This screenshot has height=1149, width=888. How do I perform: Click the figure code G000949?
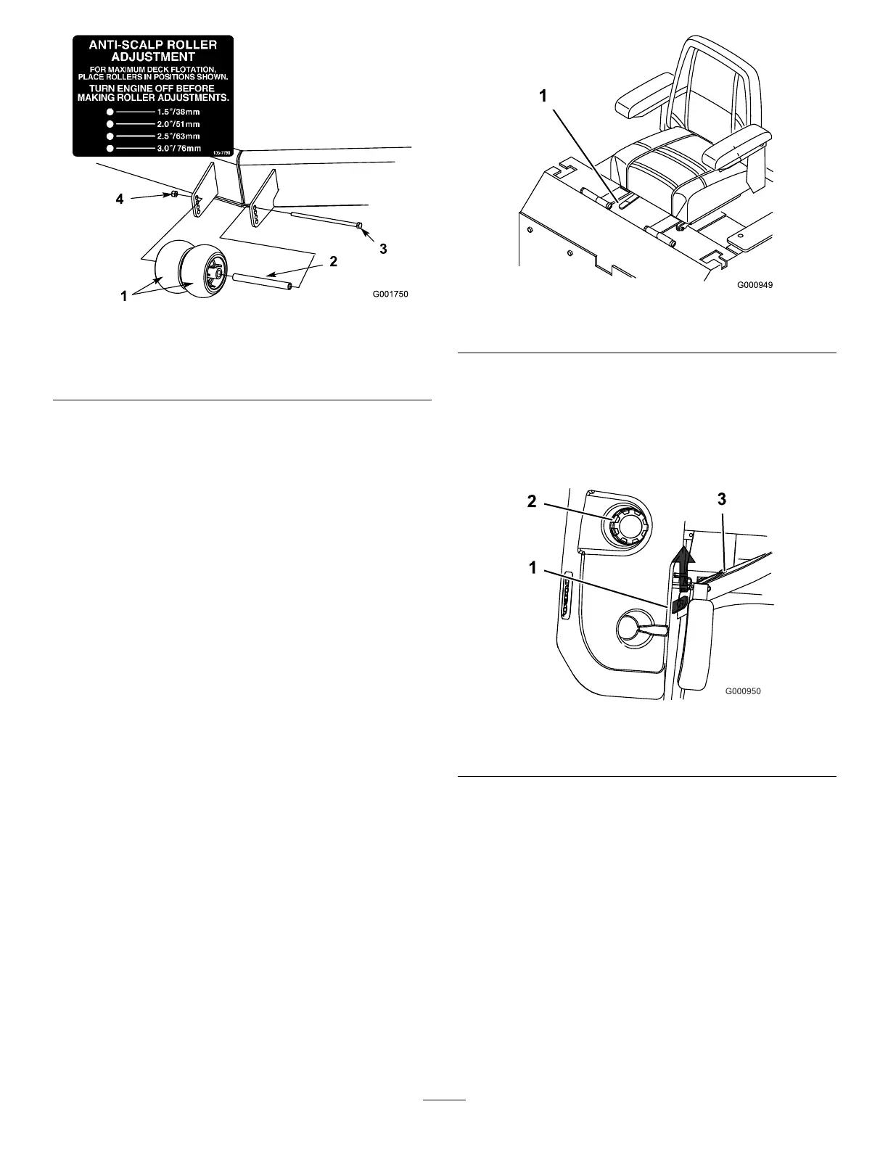coord(755,285)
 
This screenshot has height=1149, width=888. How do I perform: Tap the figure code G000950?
coord(743,691)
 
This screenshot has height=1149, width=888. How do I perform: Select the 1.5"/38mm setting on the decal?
coord(178,112)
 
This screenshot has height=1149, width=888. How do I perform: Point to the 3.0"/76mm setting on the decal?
coord(178,148)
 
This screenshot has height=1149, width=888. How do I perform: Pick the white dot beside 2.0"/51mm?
coord(110,124)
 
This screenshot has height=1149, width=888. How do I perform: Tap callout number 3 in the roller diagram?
coord(383,248)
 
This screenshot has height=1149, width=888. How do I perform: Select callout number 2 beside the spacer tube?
coord(333,262)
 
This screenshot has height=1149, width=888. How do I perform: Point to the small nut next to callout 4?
coord(175,194)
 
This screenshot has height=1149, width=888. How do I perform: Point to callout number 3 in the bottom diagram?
coord(722,499)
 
